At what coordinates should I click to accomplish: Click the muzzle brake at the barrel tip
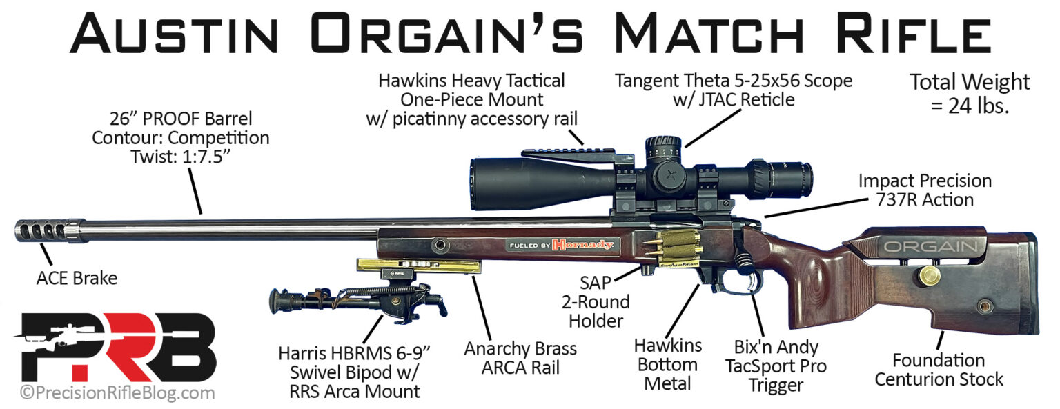pos(43,230)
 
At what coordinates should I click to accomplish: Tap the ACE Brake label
pos(77,279)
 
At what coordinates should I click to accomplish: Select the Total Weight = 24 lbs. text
pos(970,94)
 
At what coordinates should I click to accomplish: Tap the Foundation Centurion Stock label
pos(948,370)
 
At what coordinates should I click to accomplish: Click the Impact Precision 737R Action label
pos(925,190)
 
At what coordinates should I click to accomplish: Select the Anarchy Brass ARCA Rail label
pos(521,359)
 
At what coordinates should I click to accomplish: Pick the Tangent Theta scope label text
pos(734,90)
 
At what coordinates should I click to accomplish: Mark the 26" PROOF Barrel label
pos(181,137)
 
